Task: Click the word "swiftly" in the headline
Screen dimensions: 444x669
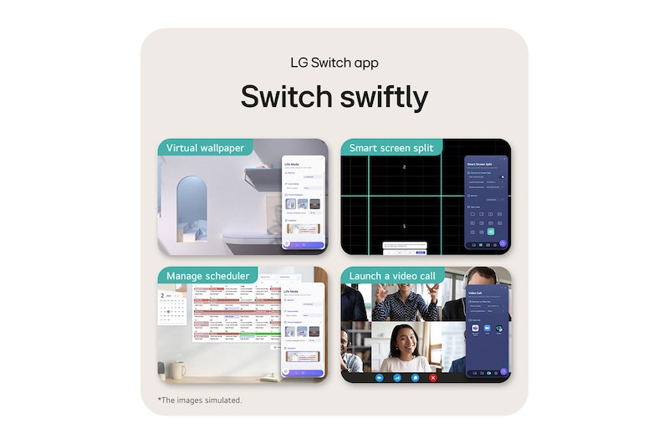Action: point(381,97)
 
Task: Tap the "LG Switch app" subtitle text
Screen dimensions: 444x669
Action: point(334,63)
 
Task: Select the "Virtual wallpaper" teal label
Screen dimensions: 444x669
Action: point(205,148)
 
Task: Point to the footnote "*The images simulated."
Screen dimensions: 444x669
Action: point(200,400)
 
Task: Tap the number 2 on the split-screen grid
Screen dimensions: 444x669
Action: point(404,168)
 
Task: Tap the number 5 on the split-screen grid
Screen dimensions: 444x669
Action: point(404,226)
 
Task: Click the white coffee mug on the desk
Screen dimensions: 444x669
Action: point(176,368)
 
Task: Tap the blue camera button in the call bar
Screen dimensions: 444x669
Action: point(379,378)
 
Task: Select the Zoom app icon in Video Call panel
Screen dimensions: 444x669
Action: point(488,329)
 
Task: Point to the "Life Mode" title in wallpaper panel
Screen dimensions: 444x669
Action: point(292,165)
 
